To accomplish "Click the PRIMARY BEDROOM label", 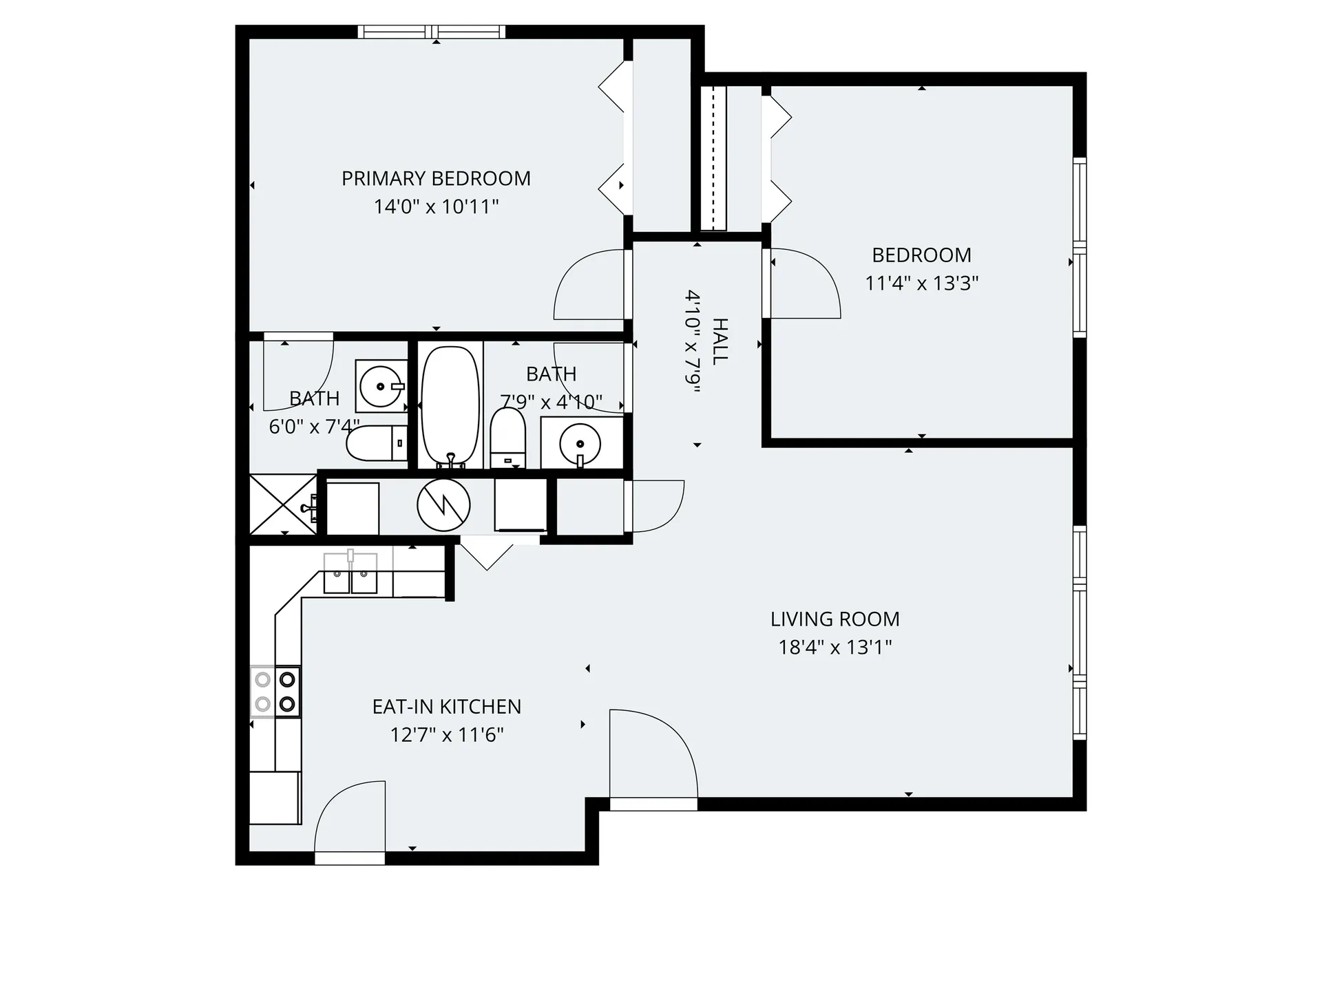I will tap(436, 179).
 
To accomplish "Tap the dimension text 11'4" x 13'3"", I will tap(921, 284).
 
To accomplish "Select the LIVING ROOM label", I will tap(835, 619).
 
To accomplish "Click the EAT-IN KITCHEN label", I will tap(446, 707).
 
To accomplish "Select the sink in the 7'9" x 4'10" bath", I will tap(581, 442).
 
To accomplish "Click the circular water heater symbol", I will tap(443, 505).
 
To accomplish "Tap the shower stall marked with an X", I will tap(283, 504).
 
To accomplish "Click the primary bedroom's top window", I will tap(432, 32).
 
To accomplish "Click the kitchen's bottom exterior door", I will tap(350, 822).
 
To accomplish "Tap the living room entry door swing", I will tap(652, 756).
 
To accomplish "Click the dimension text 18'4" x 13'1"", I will tap(835, 648).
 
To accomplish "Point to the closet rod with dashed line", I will tap(718, 158).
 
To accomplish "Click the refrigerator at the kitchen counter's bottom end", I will tap(275, 797).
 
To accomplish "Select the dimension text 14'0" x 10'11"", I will tap(436, 207).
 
